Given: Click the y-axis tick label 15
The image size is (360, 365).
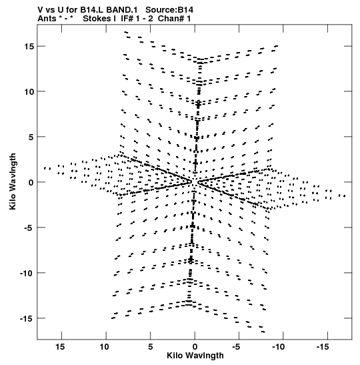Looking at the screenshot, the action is point(29,47).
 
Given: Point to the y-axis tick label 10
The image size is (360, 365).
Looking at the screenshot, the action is point(29,91).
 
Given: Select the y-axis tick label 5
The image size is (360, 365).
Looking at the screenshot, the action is point(31,137).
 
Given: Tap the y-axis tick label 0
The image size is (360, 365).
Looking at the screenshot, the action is point(31,182).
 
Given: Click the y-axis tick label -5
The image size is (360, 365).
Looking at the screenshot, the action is point(29,228).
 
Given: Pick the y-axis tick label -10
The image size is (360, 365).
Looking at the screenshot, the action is point(27,273).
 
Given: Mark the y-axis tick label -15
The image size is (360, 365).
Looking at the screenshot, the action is point(27,318).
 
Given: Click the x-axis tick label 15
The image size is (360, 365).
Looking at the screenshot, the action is point(60,347).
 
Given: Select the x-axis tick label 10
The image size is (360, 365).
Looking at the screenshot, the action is point(105,347).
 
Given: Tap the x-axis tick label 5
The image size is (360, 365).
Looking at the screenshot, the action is point(151,347).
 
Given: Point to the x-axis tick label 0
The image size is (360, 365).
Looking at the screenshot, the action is point(195,347).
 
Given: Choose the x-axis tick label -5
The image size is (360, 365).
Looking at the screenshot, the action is point(236,347).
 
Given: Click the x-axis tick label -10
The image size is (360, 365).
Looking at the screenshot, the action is point(279,347).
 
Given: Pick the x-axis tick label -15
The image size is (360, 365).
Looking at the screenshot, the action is point(323,347).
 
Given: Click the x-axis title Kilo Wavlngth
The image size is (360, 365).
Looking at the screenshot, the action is point(195,356).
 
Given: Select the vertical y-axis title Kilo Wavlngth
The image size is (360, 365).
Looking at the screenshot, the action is point(13,181).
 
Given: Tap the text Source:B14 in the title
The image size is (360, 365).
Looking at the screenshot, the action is point(169,10).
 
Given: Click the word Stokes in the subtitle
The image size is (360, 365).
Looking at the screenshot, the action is point(99,19).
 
